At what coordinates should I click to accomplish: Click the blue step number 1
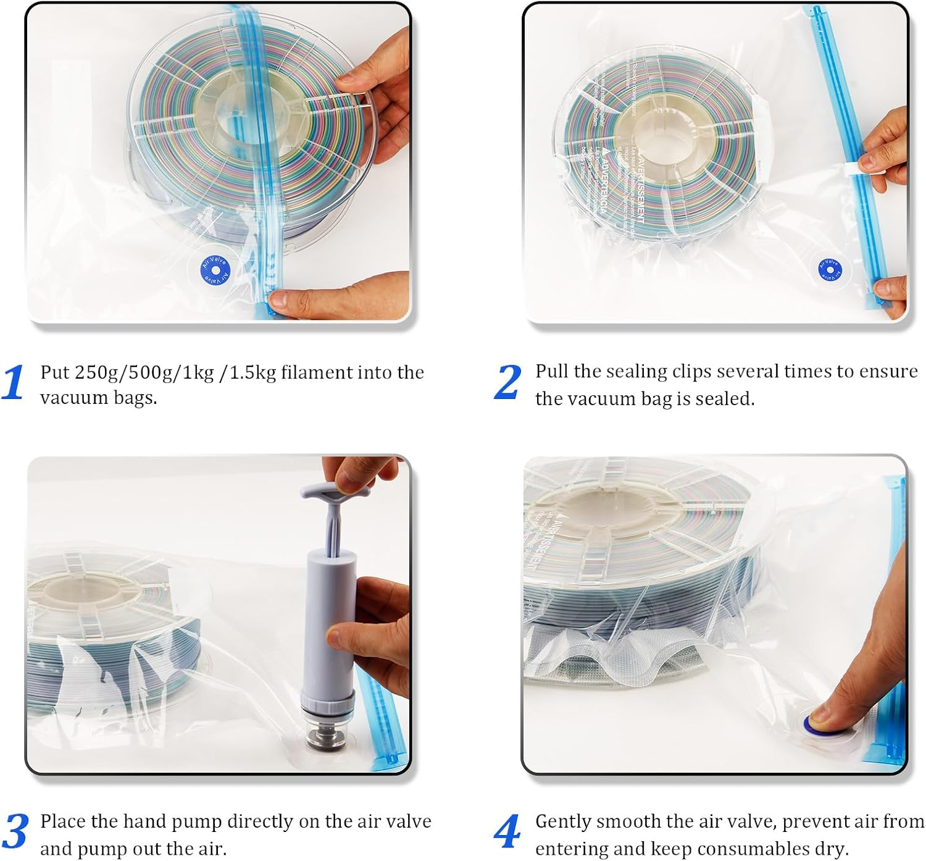pyautogui.click(x=13, y=382)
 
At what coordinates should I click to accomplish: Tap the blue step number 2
pyautogui.click(x=507, y=382)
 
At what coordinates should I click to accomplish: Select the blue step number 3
pyautogui.click(x=15, y=831)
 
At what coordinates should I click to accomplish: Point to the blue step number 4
pyautogui.click(x=507, y=831)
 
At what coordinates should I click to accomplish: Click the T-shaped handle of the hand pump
pyautogui.click(x=335, y=494)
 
